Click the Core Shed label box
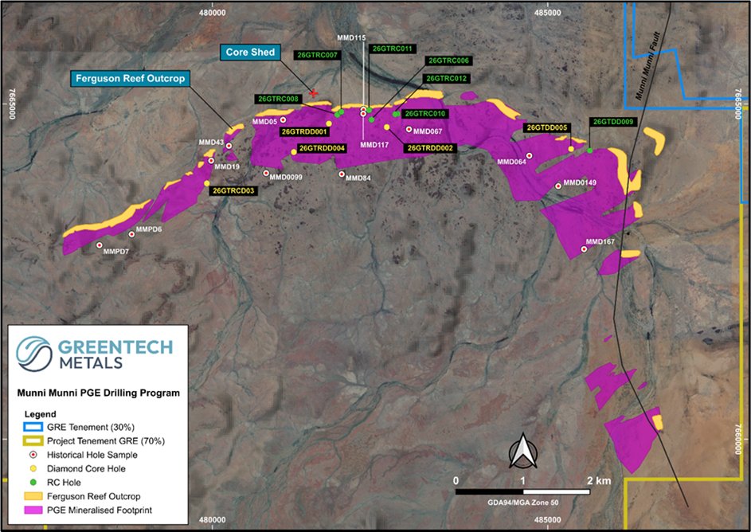tap(249, 53)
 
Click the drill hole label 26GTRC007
tap(317, 55)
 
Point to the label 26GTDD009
tap(612, 122)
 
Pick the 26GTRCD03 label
tap(234, 191)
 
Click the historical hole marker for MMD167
tap(585, 249)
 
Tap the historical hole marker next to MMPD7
tap(100, 245)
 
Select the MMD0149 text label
tap(581, 183)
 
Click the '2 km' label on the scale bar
tap(599, 481)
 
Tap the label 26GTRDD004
tap(322, 148)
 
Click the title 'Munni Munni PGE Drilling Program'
tap(99, 393)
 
